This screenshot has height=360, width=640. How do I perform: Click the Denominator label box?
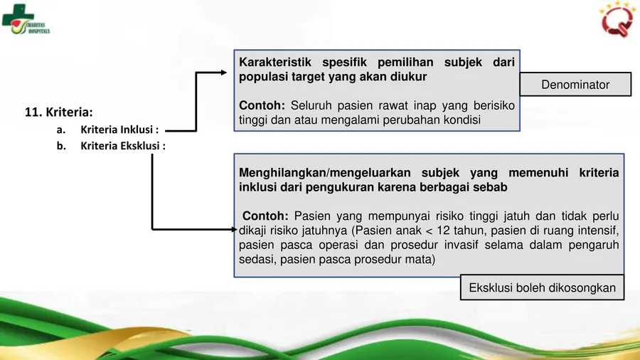[575, 85]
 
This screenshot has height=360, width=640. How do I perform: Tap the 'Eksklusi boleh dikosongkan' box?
[542, 287]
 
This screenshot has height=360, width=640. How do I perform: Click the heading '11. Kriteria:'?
[59, 112]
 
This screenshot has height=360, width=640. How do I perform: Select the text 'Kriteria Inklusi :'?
[119, 129]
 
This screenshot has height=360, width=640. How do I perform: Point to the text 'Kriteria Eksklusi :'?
[123, 146]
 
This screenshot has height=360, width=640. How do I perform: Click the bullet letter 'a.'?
[61, 129]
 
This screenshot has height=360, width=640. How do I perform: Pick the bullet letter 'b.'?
[61, 146]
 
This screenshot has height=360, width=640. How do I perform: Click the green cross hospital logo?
[26, 20]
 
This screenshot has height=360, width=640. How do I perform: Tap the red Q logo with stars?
[617, 20]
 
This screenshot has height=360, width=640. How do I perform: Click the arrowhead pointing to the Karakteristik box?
[224, 73]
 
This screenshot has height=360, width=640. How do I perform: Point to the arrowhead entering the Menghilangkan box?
[234, 229]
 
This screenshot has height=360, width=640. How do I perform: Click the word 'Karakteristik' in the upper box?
[275, 63]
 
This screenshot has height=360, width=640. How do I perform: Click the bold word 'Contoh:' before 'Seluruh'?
[262, 105]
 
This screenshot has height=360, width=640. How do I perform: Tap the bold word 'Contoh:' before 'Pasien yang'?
[265, 216]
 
